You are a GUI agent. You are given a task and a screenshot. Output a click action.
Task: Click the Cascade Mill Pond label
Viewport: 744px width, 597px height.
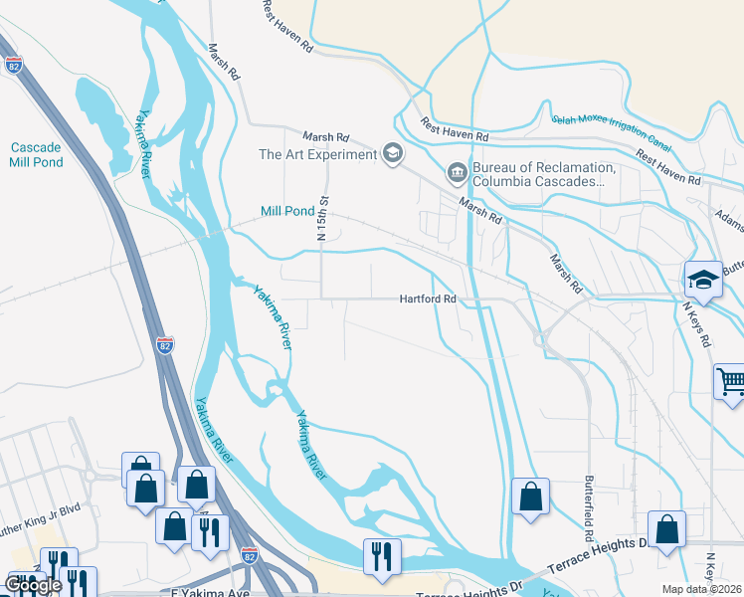(37, 154)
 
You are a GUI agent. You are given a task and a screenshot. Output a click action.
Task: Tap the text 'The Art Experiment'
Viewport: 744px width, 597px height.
(316, 154)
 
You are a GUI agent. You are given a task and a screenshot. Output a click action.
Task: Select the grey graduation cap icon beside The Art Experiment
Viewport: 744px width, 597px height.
(392, 153)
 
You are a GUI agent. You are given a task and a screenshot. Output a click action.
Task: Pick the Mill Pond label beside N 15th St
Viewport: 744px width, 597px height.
(286, 211)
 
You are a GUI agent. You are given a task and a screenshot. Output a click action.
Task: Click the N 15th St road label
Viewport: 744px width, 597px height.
(322, 225)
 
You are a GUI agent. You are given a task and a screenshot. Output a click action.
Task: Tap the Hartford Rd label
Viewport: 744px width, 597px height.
(428, 298)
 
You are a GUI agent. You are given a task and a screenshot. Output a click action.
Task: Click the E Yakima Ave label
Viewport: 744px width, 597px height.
(203, 592)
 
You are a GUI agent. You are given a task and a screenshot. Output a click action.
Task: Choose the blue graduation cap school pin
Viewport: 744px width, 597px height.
(702, 281)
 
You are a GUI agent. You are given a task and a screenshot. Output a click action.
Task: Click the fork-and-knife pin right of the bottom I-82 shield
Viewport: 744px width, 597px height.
(380, 556)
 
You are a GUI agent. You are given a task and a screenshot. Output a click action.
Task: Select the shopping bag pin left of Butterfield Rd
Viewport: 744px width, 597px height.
(530, 496)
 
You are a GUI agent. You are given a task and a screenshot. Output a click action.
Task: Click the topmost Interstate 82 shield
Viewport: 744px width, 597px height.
(13, 65)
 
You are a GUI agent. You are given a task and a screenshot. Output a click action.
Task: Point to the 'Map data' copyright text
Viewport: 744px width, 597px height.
(702, 589)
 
